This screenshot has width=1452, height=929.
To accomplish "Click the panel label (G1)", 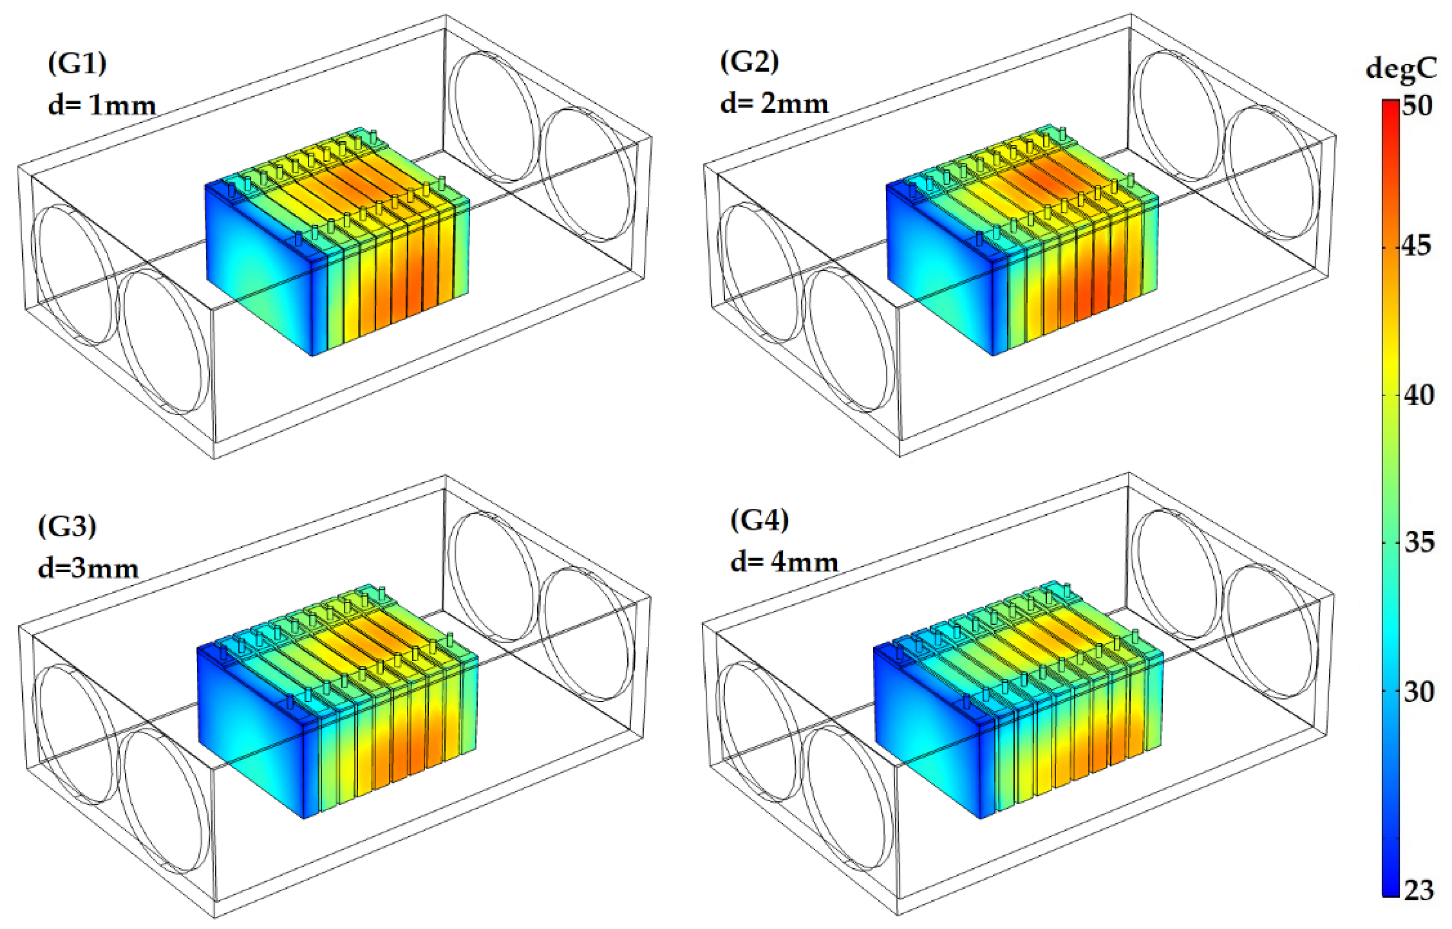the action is coord(77,63).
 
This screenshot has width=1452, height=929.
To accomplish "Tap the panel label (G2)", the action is coord(750,62).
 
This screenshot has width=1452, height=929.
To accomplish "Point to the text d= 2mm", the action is coord(774,104).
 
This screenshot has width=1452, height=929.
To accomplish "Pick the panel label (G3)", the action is coord(67,526).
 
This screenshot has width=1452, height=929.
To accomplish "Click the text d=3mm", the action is coord(88,569).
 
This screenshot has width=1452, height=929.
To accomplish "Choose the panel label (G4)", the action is coord(759,520).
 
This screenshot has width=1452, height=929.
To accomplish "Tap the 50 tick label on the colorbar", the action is coord(1417,106).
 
